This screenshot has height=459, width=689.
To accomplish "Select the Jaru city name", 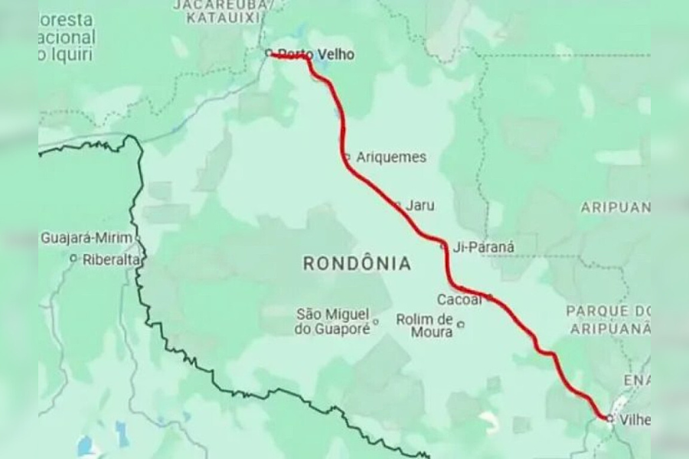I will pyautogui.click(x=420, y=205).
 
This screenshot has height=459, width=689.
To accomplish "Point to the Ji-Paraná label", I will pyautogui.click(x=484, y=246).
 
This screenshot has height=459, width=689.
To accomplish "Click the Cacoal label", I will pyautogui.click(x=459, y=299).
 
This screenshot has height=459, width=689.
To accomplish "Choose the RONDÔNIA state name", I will pyautogui.click(x=357, y=264).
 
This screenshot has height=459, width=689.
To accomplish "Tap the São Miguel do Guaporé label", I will pyautogui.click(x=332, y=321).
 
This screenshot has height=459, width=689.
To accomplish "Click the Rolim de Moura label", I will pyautogui.click(x=426, y=325).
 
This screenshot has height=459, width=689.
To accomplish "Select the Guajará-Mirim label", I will pyautogui.click(x=87, y=238).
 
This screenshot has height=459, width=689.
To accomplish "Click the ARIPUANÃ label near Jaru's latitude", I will pyautogui.click(x=616, y=207).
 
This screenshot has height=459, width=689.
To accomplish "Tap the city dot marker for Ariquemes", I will pyautogui.click(x=347, y=158).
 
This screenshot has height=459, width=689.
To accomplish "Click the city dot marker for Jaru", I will pyautogui.click(x=397, y=204).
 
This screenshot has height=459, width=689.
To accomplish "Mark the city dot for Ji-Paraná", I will pyautogui.click(x=443, y=246).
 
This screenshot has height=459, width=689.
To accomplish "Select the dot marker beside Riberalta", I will pyautogui.click(x=73, y=259).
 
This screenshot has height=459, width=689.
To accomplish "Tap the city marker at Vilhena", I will pyautogui.click(x=609, y=418).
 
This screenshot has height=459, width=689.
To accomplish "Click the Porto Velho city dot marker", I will pyautogui.click(x=269, y=53).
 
